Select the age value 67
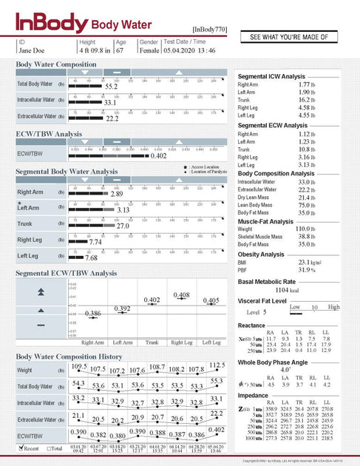click(x=120, y=50)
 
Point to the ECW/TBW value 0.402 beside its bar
click(x=158, y=156)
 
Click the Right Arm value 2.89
click(x=116, y=194)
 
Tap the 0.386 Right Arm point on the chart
click(x=92, y=314)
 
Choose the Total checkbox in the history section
click(x=49, y=448)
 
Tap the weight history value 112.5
click(x=217, y=365)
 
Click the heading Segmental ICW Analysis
click(x=271, y=77)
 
